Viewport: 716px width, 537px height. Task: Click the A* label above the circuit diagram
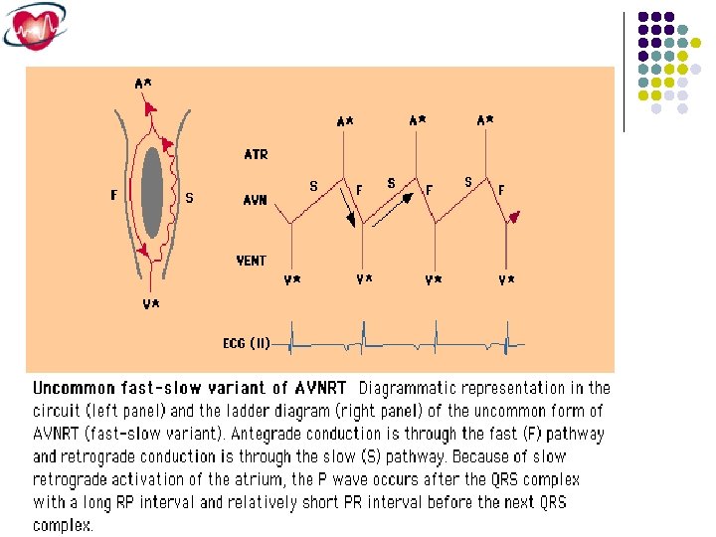(x=143, y=84)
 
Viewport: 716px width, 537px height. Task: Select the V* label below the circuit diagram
(x=150, y=304)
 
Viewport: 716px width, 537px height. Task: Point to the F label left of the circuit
(x=114, y=196)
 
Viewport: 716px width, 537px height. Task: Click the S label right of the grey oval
(x=189, y=198)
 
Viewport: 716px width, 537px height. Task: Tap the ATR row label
(x=256, y=155)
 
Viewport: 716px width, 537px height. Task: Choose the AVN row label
(x=256, y=200)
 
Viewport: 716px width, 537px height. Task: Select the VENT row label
(x=252, y=261)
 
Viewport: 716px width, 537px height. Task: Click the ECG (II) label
(x=246, y=344)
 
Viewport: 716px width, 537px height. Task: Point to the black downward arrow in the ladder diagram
(x=347, y=212)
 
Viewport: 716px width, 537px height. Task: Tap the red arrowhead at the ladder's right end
(x=513, y=217)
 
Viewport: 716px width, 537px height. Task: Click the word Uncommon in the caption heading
(x=73, y=388)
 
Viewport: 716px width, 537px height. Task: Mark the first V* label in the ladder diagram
(x=292, y=281)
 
